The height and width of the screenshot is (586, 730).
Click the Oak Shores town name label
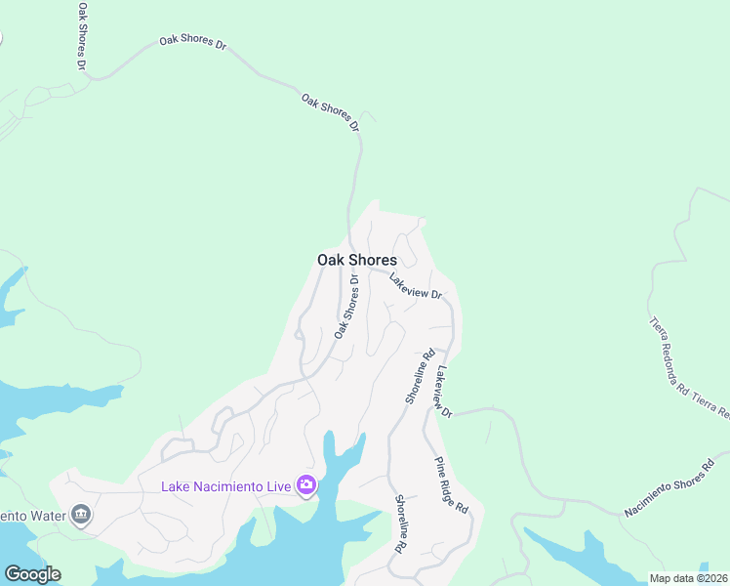point(356,260)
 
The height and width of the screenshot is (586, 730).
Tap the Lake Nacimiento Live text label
point(226,485)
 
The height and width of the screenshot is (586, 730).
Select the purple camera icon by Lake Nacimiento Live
point(306,485)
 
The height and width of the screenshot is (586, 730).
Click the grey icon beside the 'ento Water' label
point(81,515)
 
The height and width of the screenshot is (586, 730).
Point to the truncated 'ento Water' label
point(31,515)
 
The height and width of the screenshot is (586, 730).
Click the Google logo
point(32,574)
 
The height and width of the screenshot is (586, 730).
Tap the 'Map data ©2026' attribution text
point(688,578)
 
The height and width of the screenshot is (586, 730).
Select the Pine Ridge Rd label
point(452,485)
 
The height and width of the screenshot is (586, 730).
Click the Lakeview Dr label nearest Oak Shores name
point(416,286)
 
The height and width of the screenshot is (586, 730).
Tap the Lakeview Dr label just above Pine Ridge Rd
point(445,392)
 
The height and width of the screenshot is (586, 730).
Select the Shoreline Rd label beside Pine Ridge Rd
point(400,524)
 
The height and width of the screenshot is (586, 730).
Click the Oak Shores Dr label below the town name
point(346,306)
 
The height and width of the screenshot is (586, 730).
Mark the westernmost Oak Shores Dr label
point(82,35)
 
